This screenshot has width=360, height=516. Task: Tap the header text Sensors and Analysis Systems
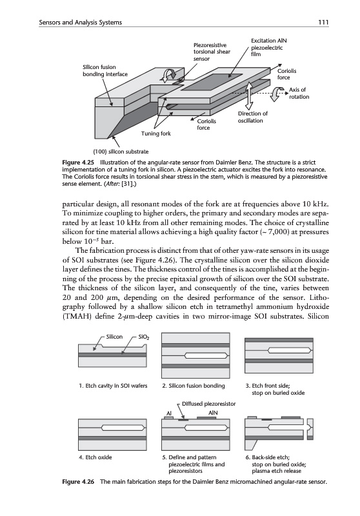80,23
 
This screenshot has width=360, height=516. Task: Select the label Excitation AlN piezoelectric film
268,47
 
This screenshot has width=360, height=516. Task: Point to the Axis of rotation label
299,93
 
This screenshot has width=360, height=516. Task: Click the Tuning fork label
156,134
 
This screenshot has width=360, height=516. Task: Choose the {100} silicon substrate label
121,152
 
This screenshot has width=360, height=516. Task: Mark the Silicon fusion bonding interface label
105,71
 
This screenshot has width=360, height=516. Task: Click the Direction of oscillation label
252,117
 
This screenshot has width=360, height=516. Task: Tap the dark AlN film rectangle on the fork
212,82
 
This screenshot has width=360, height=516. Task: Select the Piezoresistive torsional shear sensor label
212,52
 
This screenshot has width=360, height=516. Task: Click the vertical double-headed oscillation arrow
250,95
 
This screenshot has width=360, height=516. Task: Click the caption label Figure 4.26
78,482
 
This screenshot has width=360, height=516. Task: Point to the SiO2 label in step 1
143,337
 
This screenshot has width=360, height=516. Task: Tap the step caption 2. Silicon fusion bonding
194,386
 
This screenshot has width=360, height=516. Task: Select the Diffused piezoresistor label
208,404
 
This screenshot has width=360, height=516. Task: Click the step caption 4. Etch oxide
95,457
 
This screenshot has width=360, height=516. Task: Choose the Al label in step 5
169,413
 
